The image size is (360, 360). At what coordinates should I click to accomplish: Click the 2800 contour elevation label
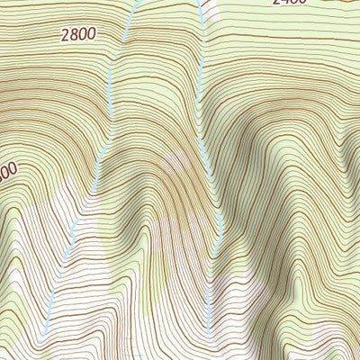pyautogui.click(x=78, y=35)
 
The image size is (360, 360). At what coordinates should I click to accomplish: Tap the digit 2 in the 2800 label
pyautogui.click(x=67, y=37)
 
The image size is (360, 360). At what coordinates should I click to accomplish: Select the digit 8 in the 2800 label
pyautogui.click(x=75, y=36)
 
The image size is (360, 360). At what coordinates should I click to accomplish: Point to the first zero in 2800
pyautogui.click(x=83, y=35)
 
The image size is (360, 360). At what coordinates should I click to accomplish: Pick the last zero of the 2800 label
pyautogui.click(x=91, y=34)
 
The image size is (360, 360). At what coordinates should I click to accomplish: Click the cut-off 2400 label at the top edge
pyautogui.click(x=291, y=2)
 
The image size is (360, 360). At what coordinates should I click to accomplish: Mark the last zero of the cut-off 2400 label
pyautogui.click(x=303, y=2)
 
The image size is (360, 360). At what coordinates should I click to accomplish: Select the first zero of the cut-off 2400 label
pyautogui.click(x=295, y=2)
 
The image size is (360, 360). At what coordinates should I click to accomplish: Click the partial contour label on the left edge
pyautogui.click(x=7, y=170)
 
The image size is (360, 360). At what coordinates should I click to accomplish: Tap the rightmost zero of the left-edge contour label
pyautogui.click(x=13, y=168)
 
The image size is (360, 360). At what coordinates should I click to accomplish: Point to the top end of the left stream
pyautogui.click(x=134, y=2)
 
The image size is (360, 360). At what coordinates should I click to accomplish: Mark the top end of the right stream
pyautogui.click(x=194, y=2)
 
